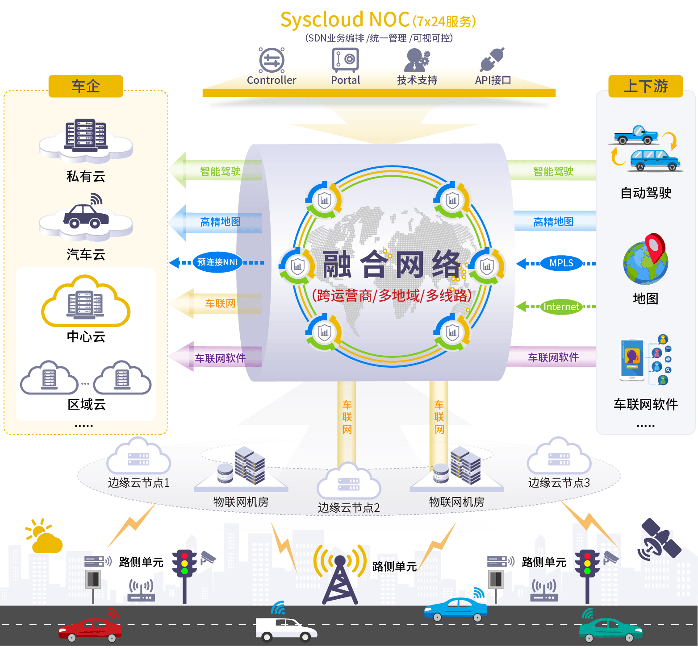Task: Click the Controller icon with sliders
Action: (272, 60)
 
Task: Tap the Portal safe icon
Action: (345, 60)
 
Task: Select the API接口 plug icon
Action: (492, 60)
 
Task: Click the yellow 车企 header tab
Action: (86, 86)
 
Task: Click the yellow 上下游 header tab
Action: (645, 86)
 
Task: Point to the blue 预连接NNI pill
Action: (217, 262)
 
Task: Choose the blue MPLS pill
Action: (561, 263)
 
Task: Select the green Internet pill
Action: (561, 307)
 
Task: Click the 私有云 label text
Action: (86, 177)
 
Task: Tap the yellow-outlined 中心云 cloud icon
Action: (86, 302)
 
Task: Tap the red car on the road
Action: (90, 629)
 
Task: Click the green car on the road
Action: (610, 630)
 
